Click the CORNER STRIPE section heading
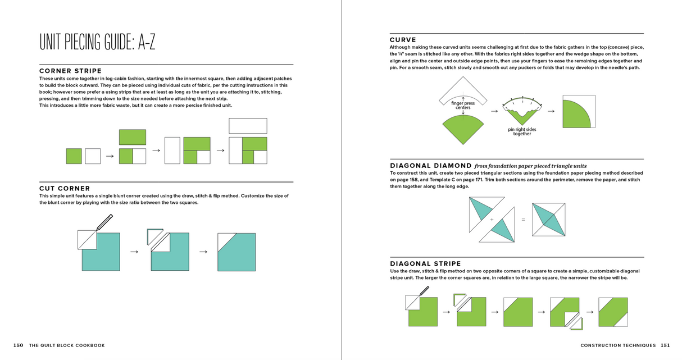coord(70,71)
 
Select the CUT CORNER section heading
coord(65,188)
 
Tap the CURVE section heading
coord(403,40)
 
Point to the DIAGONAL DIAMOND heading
coord(431,166)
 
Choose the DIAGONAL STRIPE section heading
coord(425,263)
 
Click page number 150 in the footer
coord(18,345)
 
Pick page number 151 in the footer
coord(665,345)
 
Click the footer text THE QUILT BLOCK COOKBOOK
coord(67,345)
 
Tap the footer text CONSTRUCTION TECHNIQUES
coord(618,345)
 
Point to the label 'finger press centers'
coord(462,105)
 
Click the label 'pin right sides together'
coord(522,131)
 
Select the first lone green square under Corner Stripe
coord(74,156)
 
